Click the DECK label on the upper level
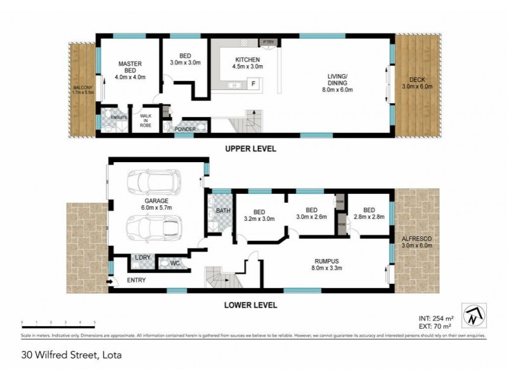point(416,83)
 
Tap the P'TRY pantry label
point(268,42)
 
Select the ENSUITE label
point(119,117)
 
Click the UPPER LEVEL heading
point(250,149)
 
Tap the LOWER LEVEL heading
point(250,305)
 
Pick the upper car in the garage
point(152,182)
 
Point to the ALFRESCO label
point(416,241)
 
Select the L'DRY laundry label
point(142,257)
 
